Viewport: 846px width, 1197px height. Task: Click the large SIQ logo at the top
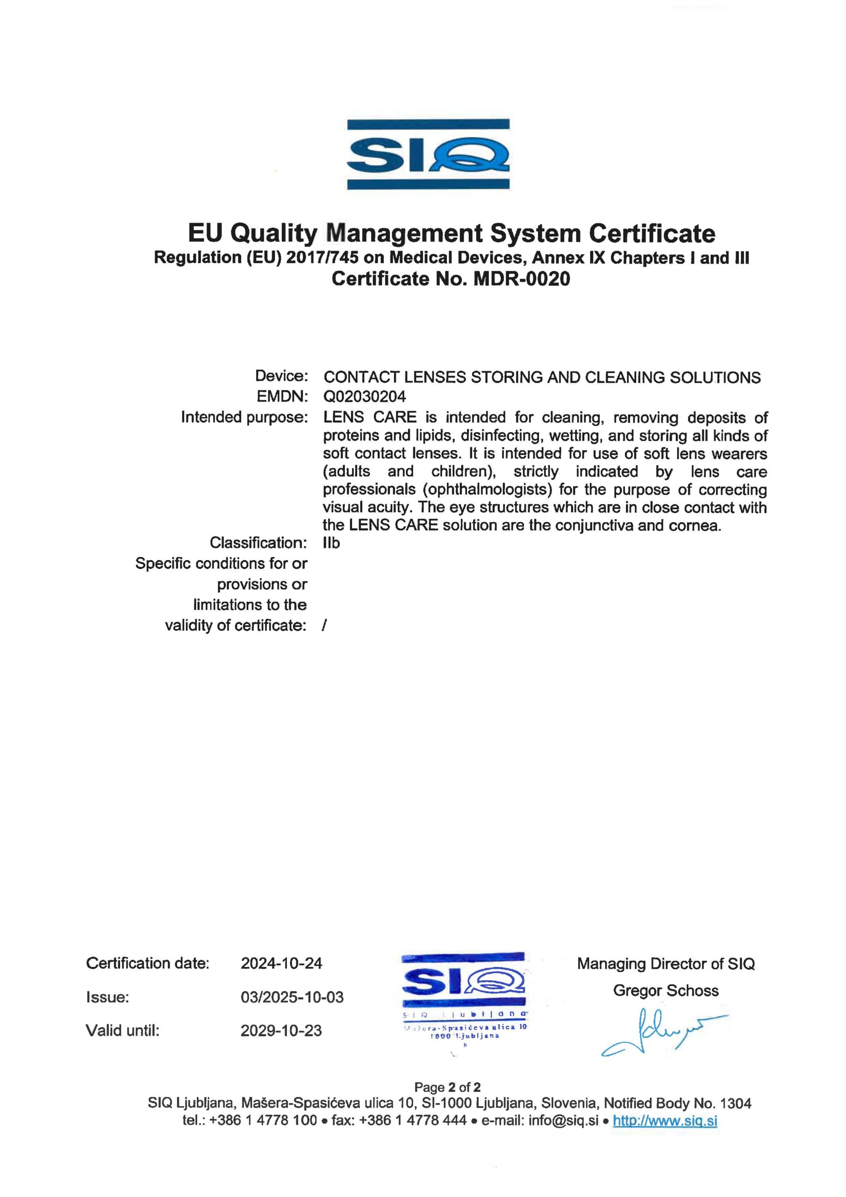[x=428, y=154]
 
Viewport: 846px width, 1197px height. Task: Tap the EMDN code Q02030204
[x=365, y=397]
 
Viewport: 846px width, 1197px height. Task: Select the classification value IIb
[x=331, y=543]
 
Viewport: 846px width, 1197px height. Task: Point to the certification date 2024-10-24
[x=281, y=963]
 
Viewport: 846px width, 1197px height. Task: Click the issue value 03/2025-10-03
[x=292, y=997]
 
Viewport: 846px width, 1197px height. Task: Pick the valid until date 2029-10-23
[x=281, y=1031]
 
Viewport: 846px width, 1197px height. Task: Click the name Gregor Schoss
[x=666, y=990]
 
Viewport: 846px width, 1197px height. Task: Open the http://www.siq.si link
[x=665, y=1120]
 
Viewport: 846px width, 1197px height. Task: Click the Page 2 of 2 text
[x=447, y=1087]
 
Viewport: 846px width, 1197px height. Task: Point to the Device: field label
[x=281, y=376]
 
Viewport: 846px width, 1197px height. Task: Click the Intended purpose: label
[x=244, y=417]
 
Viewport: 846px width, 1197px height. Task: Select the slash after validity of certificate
[x=324, y=625]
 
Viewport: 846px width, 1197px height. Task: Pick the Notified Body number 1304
[x=736, y=1103]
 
